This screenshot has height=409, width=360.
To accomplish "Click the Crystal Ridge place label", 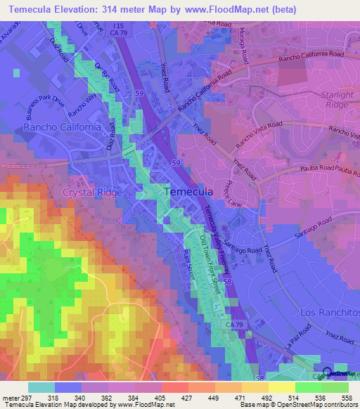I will point(93,192).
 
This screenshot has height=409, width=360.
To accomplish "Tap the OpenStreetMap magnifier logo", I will point(328,374).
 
